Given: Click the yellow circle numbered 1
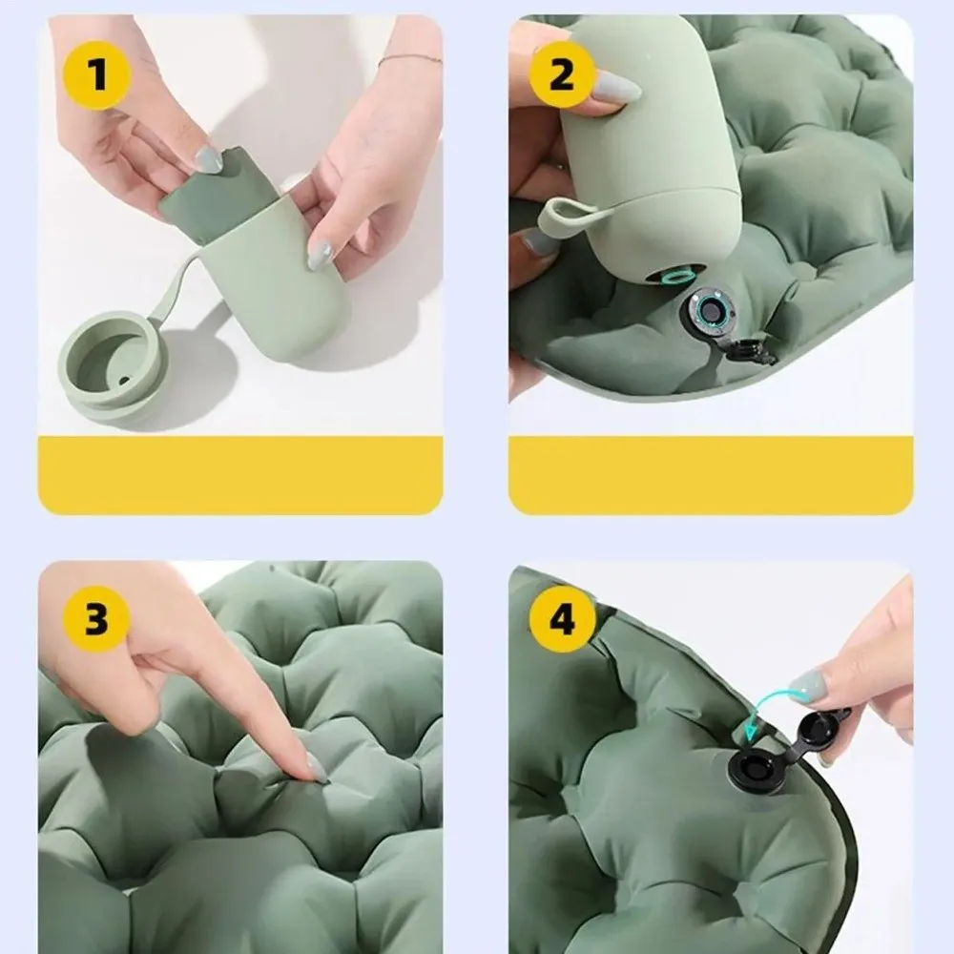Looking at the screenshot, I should pos(96,74).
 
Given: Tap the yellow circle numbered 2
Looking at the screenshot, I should pos(561,74).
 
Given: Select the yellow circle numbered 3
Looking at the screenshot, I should pos(96,619).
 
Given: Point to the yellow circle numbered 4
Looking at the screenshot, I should pos(562,621).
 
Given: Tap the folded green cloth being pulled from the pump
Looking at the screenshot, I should pos(215,196).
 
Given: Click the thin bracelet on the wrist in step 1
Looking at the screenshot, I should pos(410,59).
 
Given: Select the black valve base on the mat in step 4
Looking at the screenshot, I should pos(760,769).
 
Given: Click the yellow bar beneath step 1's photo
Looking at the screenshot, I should pos(239,475).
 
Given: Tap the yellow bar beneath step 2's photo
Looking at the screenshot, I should pos(710,475).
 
